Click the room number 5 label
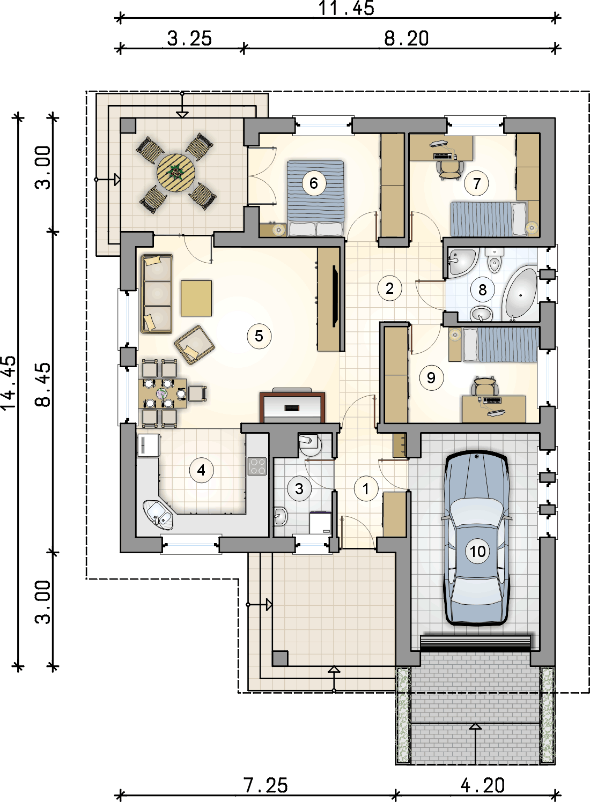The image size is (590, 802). [x=259, y=336]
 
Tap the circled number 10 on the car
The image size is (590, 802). [x=477, y=551]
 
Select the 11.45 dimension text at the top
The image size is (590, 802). [x=346, y=9]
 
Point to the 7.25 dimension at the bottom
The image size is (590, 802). [x=265, y=785]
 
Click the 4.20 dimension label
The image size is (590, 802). [x=482, y=785]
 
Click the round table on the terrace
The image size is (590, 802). [x=175, y=172]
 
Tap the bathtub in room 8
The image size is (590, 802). [x=520, y=294]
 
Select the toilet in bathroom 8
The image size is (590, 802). [x=493, y=261]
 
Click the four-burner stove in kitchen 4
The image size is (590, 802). [x=257, y=466]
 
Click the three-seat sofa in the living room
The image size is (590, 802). [x=156, y=294]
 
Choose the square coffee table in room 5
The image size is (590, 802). [x=196, y=298]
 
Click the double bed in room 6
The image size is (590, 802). [x=315, y=198]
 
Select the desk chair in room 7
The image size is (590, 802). [x=449, y=168]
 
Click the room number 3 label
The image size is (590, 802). [x=299, y=488]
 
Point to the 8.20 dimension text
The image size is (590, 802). [x=406, y=39]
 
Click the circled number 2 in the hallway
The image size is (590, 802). [x=389, y=288]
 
